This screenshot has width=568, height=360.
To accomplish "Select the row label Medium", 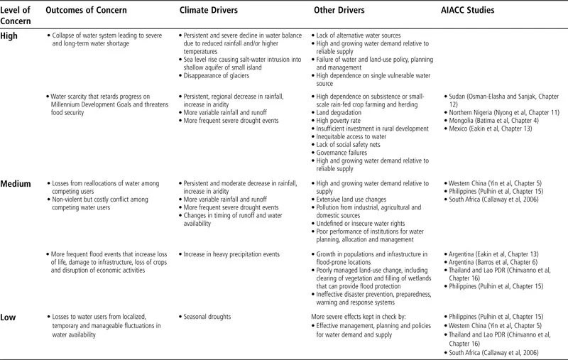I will click(x=16, y=183).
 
